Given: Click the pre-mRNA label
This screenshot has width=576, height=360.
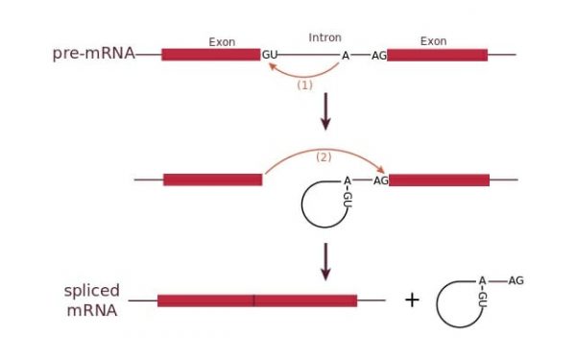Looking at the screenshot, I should coord(93,54).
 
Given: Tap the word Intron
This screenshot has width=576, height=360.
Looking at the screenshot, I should coord(324,37).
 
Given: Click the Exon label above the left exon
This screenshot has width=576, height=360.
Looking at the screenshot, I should coord(222,41).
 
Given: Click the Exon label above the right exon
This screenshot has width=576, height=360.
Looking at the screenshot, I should coord(433,41).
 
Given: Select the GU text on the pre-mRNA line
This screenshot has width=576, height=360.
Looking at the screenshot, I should coord(270,55).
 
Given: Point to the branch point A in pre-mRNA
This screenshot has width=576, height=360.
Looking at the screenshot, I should coord(346,56).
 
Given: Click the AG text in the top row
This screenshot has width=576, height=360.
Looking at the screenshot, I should coord(378,56).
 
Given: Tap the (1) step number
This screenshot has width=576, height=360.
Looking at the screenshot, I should coord(305,84).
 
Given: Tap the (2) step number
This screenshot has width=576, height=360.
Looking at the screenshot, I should coord(324,156).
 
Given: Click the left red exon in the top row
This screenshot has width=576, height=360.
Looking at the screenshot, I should coord(210,55).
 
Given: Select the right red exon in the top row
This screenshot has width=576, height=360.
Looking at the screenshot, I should coord(437,55).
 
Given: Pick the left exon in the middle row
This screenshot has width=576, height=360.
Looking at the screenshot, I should coord(212,180).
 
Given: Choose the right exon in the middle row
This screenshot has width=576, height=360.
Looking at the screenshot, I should coord(439,180).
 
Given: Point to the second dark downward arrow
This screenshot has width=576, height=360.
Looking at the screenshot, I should coord(325,261).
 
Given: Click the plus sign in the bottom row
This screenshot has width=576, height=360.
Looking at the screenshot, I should coord(412,300).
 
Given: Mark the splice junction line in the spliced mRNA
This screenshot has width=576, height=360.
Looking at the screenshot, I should coord(254,300).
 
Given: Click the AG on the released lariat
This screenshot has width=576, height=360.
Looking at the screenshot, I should coord(516,280).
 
